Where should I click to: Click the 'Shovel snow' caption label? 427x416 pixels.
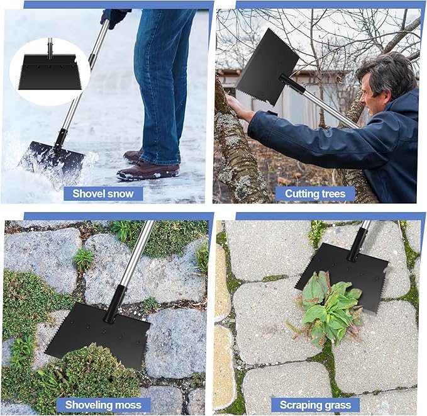tap(103, 194)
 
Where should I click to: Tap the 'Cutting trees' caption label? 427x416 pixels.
tap(315, 194)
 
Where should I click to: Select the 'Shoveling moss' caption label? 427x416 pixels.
tap(103, 405)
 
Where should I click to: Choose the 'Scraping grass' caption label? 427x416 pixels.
tap(315, 405)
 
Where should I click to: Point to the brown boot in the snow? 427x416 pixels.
tap(147, 171)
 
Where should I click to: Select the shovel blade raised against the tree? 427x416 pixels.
tap(267, 66)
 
